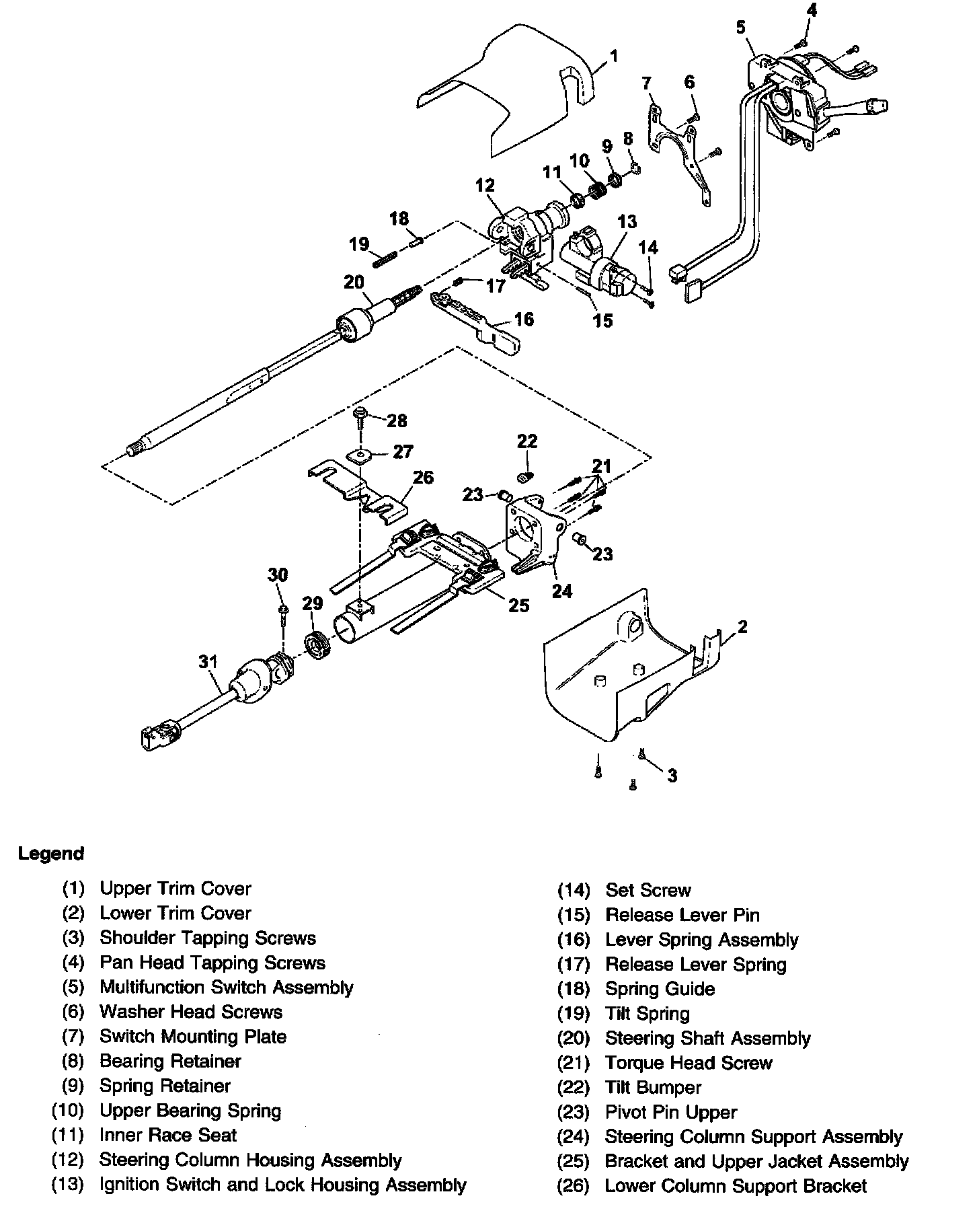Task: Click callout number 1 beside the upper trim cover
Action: [x=614, y=57]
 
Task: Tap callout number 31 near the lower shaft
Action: [x=208, y=662]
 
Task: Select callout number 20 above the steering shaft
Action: [x=354, y=282]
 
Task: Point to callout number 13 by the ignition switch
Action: [x=627, y=221]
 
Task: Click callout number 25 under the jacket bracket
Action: [x=518, y=605]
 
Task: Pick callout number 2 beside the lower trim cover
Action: [x=742, y=627]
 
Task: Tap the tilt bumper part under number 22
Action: [x=525, y=477]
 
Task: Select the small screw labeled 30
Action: [x=285, y=610]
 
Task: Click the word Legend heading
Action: [x=51, y=854]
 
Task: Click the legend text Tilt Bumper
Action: [x=653, y=1087]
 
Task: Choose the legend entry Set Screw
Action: [x=648, y=890]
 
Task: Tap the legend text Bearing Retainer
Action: [x=170, y=1061]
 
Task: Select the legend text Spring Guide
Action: [x=660, y=989]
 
